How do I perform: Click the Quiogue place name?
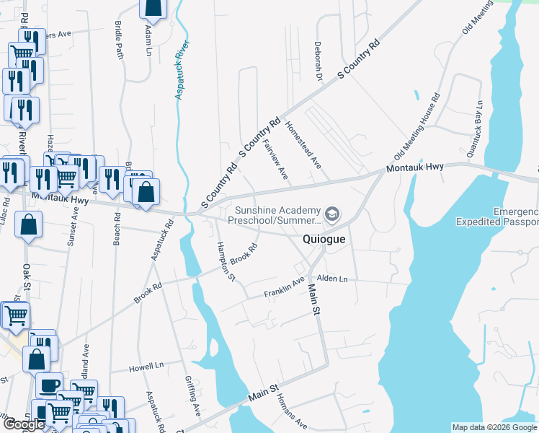tap(324, 239)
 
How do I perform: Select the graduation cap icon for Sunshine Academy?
tap(332, 214)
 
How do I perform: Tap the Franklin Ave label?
tap(284, 288)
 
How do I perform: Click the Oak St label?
tap(27, 276)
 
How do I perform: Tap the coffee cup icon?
tap(48, 385)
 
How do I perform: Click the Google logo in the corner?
tap(23, 424)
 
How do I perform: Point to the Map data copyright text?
tap(494, 427)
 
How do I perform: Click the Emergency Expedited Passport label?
tap(497, 216)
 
